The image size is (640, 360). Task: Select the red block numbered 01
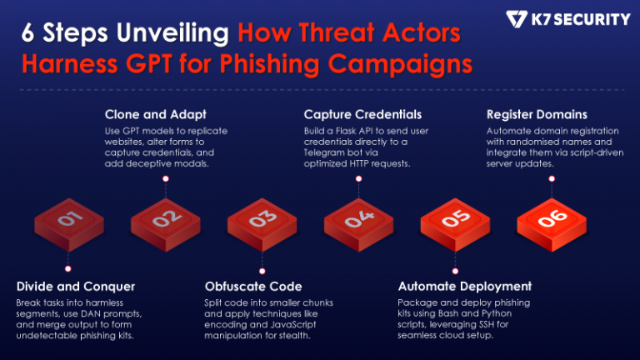tap(69, 222)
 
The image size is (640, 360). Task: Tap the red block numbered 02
tap(165, 222)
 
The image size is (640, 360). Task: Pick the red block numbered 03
tap(262, 222)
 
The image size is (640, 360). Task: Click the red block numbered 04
tap(358, 222)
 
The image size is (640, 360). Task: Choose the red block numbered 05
tap(455, 222)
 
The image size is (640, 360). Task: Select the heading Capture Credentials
tap(362, 114)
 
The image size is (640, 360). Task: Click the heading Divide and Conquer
tap(76, 286)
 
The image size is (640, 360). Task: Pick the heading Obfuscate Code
tap(252, 286)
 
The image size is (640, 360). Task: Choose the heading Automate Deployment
tap(464, 286)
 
